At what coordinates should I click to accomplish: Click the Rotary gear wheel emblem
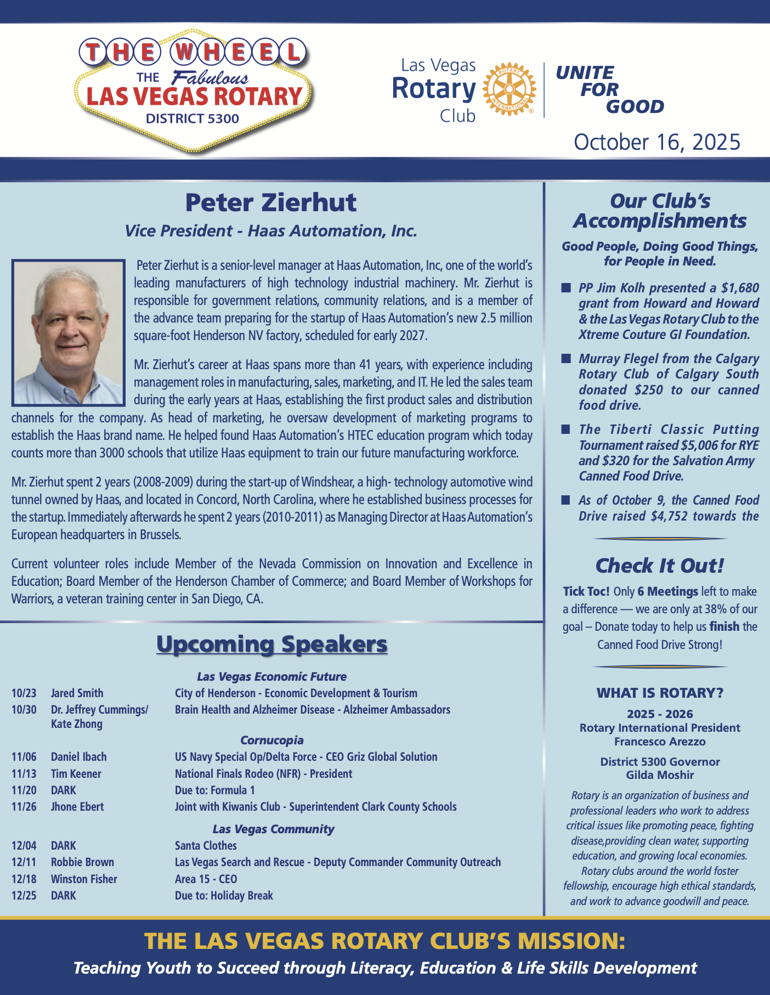coord(509,89)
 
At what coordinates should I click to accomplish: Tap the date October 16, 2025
coord(656,142)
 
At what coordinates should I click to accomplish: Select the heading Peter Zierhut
coord(271,202)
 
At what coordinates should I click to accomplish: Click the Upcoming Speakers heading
coord(271,644)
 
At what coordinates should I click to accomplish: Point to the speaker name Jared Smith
coord(77,693)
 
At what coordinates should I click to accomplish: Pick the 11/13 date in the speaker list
coord(24,774)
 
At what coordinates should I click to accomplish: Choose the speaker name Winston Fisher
coord(84,879)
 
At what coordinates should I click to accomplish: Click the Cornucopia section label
coord(271,740)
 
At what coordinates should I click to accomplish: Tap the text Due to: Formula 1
coord(214,790)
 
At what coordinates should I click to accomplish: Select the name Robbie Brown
coord(82,862)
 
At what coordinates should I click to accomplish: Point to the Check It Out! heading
coord(659,566)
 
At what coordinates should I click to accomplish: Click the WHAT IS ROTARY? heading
coord(660,693)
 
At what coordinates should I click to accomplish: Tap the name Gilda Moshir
coord(660,775)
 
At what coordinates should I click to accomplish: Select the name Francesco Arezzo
coord(660,742)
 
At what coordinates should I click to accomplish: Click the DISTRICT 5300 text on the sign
coord(192,118)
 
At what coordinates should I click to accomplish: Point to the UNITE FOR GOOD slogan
coord(609,89)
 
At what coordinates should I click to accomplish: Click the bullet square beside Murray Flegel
coord(565,359)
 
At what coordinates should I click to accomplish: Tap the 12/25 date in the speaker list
coord(24,895)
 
